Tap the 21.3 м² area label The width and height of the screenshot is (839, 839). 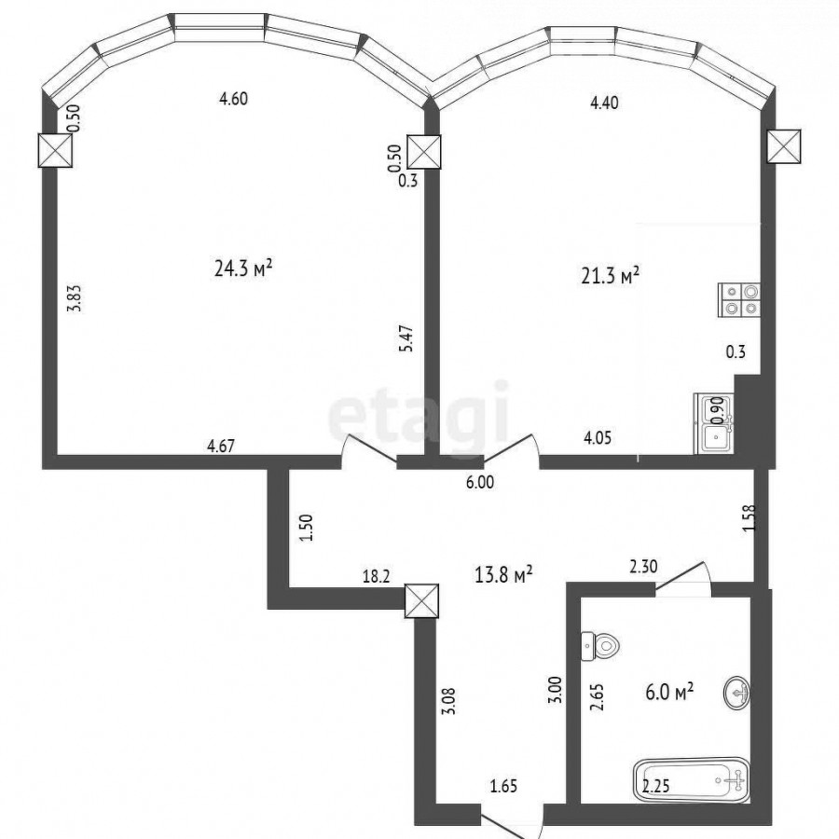pyautogui.click(x=611, y=276)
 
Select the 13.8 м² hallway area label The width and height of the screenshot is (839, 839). pyautogui.click(x=503, y=574)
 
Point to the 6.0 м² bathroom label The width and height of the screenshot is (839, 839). pyautogui.click(x=669, y=692)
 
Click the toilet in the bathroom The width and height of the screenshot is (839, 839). pyautogui.click(x=599, y=646)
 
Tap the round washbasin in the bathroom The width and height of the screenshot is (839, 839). pyautogui.click(x=736, y=694)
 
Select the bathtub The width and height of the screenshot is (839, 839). pyautogui.click(x=692, y=779)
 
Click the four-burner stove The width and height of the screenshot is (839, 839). pyautogui.click(x=739, y=299)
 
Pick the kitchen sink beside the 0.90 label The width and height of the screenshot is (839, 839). pyautogui.click(x=714, y=424)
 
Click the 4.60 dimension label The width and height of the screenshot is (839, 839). pyautogui.click(x=234, y=99)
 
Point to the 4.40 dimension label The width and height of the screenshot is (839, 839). pyautogui.click(x=604, y=103)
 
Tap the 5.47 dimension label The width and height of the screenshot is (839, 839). pyautogui.click(x=406, y=338)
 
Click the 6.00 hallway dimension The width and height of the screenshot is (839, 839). pyautogui.click(x=479, y=483)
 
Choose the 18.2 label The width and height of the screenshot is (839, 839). pyautogui.click(x=377, y=576)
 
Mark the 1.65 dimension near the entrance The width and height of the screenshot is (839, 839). pyautogui.click(x=503, y=787)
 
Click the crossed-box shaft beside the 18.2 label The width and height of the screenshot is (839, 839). pyautogui.click(x=421, y=600)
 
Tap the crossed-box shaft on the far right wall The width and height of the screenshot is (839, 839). pyautogui.click(x=784, y=146)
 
